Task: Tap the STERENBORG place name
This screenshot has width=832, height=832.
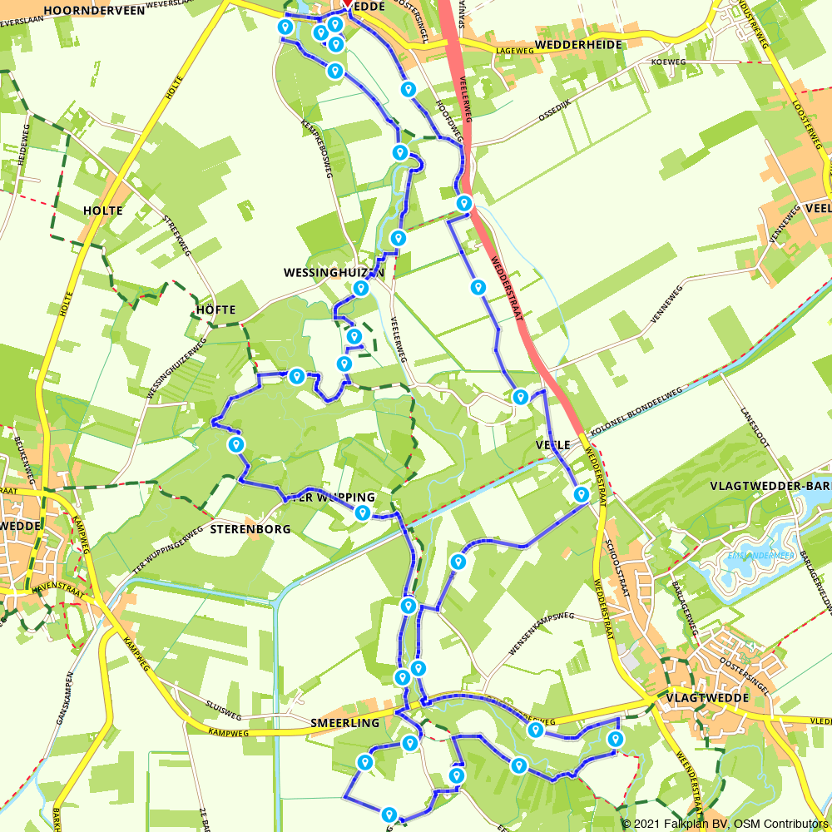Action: (250, 528)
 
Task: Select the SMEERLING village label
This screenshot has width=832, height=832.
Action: (344, 723)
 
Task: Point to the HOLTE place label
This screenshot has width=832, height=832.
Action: (103, 210)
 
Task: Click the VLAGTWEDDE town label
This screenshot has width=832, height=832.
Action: (707, 697)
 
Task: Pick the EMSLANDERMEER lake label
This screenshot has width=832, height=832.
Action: (756, 556)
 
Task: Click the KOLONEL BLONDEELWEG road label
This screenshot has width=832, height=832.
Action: (636, 413)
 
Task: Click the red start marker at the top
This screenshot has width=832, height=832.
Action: (347, 3)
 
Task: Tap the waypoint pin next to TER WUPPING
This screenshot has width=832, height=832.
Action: (363, 513)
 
